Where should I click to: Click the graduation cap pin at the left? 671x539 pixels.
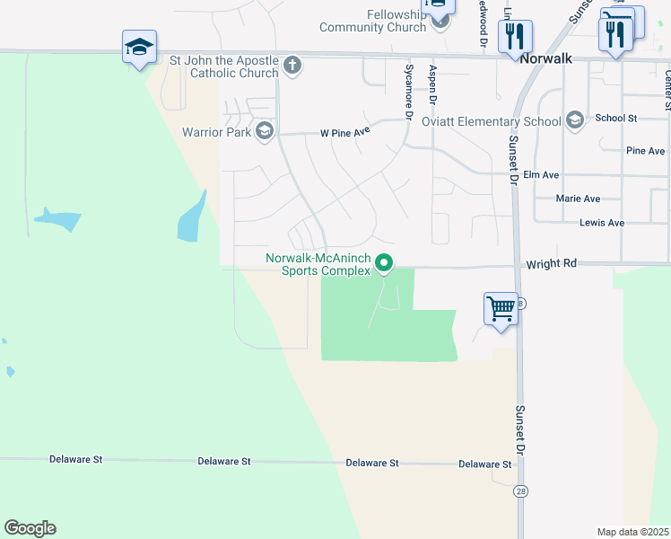(139, 47)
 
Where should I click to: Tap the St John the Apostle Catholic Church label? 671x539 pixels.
(224, 66)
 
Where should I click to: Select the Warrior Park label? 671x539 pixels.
(214, 132)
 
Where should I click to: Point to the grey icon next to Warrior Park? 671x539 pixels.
(264, 132)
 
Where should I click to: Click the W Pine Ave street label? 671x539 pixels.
(345, 132)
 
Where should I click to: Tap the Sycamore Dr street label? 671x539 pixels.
(408, 91)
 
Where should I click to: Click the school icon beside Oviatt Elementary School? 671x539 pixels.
(575, 120)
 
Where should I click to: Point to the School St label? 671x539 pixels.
(615, 118)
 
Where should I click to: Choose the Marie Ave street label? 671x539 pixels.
(578, 199)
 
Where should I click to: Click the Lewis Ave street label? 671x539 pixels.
(601, 223)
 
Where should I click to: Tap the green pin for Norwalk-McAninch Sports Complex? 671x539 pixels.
(384, 263)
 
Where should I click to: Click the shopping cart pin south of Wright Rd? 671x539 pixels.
(501, 308)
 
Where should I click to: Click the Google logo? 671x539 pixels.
(30, 528)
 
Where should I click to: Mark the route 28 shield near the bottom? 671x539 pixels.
(520, 491)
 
